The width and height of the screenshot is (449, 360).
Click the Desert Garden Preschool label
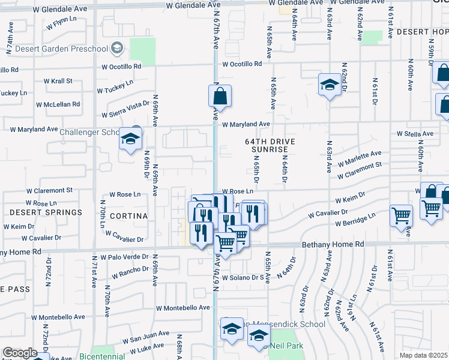(x=61, y=49)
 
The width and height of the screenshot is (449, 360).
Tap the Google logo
(x=20, y=353)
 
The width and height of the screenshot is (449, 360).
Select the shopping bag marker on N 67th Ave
(x=220, y=97)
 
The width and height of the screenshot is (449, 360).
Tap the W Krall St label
(x=58, y=80)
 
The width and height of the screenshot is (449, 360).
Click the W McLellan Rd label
(x=58, y=104)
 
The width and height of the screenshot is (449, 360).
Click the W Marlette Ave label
(x=359, y=158)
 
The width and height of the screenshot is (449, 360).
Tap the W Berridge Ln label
(x=355, y=219)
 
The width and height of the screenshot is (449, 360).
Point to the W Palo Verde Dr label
(x=124, y=257)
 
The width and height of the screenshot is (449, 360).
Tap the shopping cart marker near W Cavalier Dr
(x=400, y=215)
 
